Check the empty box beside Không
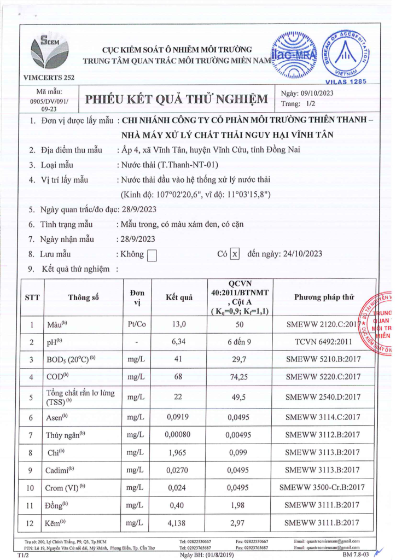[x=153, y=254]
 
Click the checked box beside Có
[x=234, y=254]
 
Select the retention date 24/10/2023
[x=301, y=254]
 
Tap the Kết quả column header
[x=179, y=297]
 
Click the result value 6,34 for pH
[x=179, y=342]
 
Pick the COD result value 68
[x=179, y=377]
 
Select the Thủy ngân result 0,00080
[x=179, y=435]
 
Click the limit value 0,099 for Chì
[x=241, y=452]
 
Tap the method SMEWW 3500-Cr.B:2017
[x=322, y=487]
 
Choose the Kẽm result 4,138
[x=179, y=523]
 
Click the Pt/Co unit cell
[x=137, y=324]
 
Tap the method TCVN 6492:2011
[x=323, y=342]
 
